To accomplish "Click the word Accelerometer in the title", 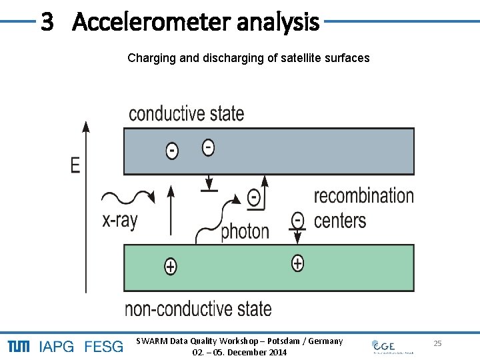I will pos(159,22).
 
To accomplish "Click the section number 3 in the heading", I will pos(47,22).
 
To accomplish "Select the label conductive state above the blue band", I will pos(186,113).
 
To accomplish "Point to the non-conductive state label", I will pos(198,309).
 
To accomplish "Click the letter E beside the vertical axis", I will pos(75,165).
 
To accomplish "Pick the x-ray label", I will pos(120,221).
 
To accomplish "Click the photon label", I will pos(245,231).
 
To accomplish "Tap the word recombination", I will pos(363,195).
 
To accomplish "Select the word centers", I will pos(340,220).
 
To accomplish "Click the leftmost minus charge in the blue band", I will pos(172,151).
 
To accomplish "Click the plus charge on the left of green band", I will pos(171,267).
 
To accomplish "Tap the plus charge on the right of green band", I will pos(297,263).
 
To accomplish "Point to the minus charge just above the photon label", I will pos(253,197).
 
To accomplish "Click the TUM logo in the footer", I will pos(18,346).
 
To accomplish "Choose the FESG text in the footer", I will pos(103,347).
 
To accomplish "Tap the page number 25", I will pos(437,343).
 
